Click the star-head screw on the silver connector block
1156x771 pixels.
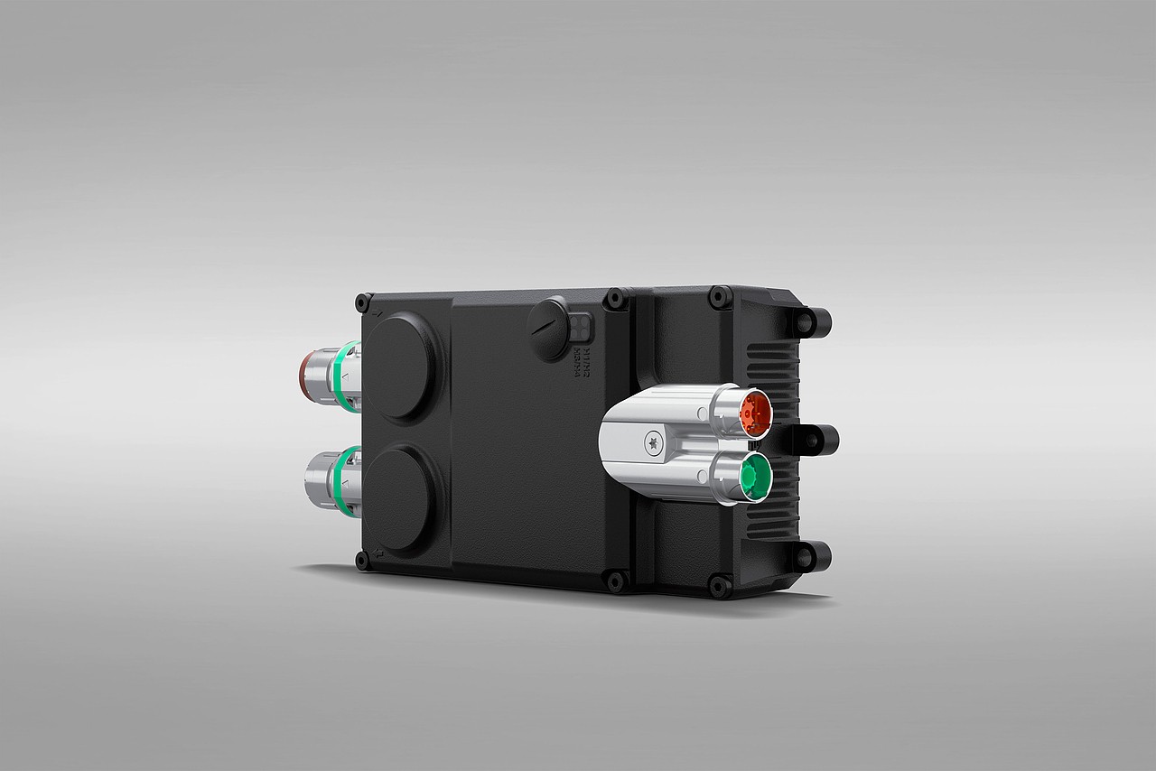[651, 442]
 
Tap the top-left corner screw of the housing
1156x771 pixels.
[362, 299]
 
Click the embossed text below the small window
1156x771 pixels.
[583, 360]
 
